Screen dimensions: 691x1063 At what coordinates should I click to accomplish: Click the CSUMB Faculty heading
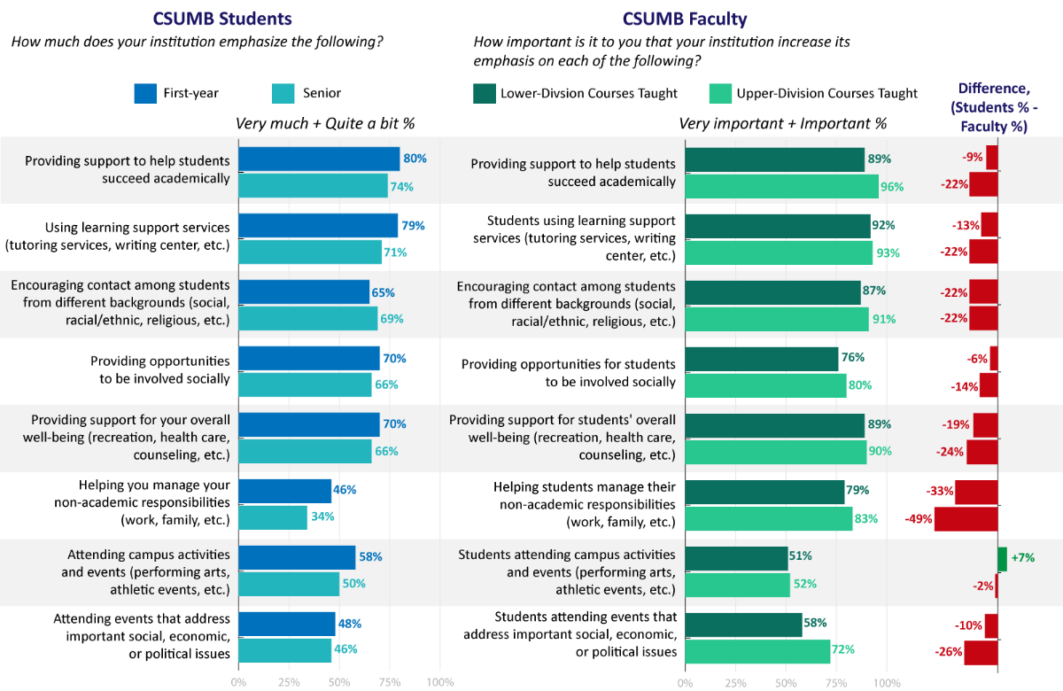(x=685, y=19)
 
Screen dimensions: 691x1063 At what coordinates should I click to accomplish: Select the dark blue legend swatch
(x=145, y=93)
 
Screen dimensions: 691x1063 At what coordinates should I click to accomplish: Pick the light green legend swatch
(x=720, y=93)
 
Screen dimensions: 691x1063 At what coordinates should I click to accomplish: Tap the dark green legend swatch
(x=485, y=93)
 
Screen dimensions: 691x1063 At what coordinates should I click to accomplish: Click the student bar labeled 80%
(x=319, y=159)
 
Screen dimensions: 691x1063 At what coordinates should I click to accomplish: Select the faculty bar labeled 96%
(x=781, y=186)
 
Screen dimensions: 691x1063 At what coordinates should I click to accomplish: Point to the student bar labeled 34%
(x=273, y=517)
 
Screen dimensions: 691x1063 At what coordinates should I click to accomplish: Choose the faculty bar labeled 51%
(x=736, y=558)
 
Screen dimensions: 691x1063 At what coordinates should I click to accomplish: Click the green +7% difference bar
(x=1002, y=559)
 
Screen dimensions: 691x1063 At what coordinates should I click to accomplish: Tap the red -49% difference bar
(x=966, y=518)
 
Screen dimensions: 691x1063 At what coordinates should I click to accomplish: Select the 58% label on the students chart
(x=369, y=557)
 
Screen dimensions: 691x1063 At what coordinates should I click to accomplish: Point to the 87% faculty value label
(x=873, y=291)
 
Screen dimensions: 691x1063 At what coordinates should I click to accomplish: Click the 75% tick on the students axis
(x=390, y=682)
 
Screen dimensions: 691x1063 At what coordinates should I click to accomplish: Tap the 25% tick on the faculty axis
(x=735, y=682)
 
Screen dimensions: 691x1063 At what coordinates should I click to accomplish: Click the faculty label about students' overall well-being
(x=562, y=437)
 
